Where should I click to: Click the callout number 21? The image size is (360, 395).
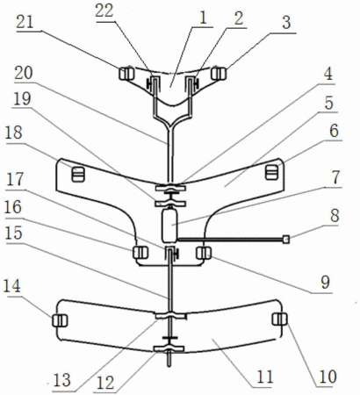tap(25, 23)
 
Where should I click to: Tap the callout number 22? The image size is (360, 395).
tap(104, 11)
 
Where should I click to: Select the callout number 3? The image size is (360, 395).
tap(286, 23)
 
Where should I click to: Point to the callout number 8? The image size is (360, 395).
tap(334, 216)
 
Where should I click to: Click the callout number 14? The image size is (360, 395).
tap(12, 286)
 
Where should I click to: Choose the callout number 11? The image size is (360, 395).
tap(265, 377)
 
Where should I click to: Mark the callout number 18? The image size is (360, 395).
tap(13, 133)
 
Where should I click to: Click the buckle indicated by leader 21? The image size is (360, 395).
tap(126, 74)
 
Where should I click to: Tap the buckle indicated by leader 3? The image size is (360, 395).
tap(219, 74)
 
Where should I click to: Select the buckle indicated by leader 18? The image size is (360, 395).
tap(78, 174)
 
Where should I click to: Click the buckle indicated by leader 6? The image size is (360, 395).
tap(271, 172)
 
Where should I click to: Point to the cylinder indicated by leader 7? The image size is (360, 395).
tap(169, 226)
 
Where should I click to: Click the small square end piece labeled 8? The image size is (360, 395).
tap(286, 240)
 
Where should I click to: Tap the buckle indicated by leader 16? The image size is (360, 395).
tap(140, 253)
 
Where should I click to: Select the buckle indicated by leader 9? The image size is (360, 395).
tap(204, 253)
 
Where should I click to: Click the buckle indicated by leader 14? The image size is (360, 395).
tap(60, 320)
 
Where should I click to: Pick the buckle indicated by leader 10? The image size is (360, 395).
tap(279, 319)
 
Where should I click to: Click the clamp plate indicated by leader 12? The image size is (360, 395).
tap(169, 348)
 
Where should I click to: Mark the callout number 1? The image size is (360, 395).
tap(203, 18)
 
